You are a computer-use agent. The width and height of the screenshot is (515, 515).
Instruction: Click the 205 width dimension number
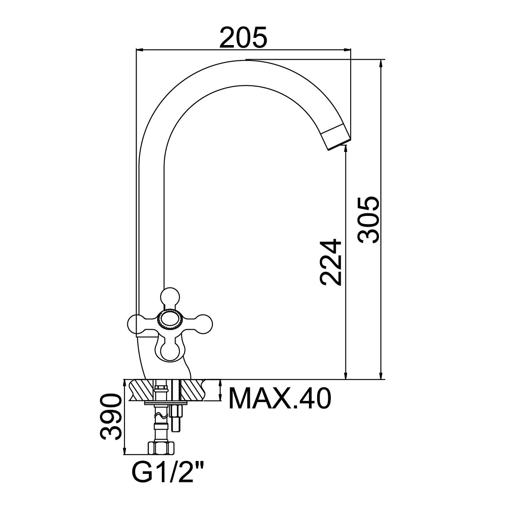(x=243, y=37)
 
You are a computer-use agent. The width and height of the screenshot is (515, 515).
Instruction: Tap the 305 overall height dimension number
(x=368, y=220)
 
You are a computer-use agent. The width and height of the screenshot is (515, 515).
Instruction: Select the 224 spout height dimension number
(x=330, y=263)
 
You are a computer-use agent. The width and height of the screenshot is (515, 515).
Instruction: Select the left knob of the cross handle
(x=137, y=324)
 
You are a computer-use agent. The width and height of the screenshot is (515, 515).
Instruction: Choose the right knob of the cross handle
(x=203, y=324)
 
